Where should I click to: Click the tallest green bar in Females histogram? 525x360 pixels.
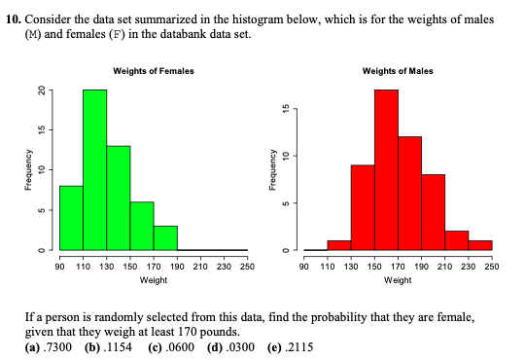pos(94,170)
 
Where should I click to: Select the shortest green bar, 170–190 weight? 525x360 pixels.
pos(165,238)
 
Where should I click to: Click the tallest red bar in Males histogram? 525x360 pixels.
pos(386,170)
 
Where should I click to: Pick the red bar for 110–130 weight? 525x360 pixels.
pos(338,245)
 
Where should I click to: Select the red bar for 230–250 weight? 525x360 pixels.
pos(480,245)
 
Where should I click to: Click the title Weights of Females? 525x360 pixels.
pos(154,71)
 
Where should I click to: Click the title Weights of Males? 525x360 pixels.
pos(398,71)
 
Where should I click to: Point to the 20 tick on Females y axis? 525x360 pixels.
pos(42,90)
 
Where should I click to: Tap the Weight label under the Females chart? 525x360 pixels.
pos(154,279)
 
